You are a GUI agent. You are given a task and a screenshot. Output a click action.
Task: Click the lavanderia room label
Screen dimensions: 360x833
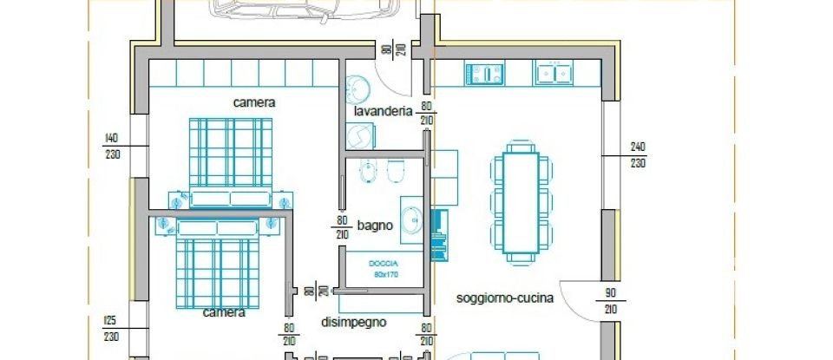382,112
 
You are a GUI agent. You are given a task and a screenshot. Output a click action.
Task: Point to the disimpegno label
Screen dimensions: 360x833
353,322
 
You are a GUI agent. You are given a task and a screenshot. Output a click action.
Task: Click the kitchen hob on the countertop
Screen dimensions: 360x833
484,74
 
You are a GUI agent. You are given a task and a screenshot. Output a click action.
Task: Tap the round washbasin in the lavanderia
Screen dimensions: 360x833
357,88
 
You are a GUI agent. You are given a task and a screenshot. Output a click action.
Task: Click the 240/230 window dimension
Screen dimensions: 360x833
638,154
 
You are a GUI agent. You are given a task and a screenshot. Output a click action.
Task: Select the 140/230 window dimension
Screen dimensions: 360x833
110,146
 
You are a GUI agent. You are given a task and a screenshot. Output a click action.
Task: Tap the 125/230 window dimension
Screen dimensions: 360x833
110,329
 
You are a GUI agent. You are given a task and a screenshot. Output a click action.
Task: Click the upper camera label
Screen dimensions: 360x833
254,102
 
